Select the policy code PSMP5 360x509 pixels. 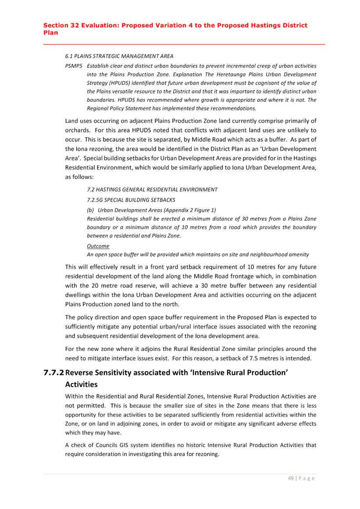click(x=73, y=66)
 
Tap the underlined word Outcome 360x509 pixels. click(x=98, y=246)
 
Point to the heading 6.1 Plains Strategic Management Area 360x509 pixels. click(x=118, y=56)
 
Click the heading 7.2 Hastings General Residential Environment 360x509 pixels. click(x=152, y=190)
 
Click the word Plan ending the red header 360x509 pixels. click(x=50, y=32)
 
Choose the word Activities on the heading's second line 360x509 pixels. click(x=81, y=384)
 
